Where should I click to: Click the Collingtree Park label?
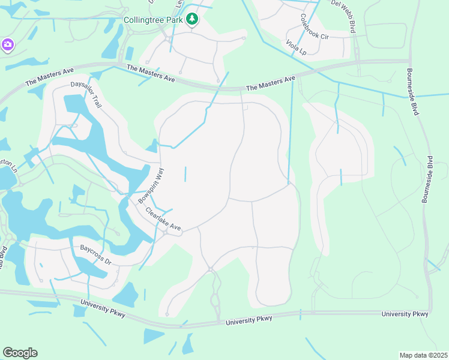(152, 20)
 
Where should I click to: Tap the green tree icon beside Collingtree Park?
(192, 20)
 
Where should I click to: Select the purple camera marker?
(7, 45)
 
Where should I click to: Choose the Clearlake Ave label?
(162, 220)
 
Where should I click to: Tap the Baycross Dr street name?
(96, 254)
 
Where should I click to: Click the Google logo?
(20, 353)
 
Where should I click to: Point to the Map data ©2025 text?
(424, 355)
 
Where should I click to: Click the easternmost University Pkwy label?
(405, 314)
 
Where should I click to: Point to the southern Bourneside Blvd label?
(427, 180)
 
